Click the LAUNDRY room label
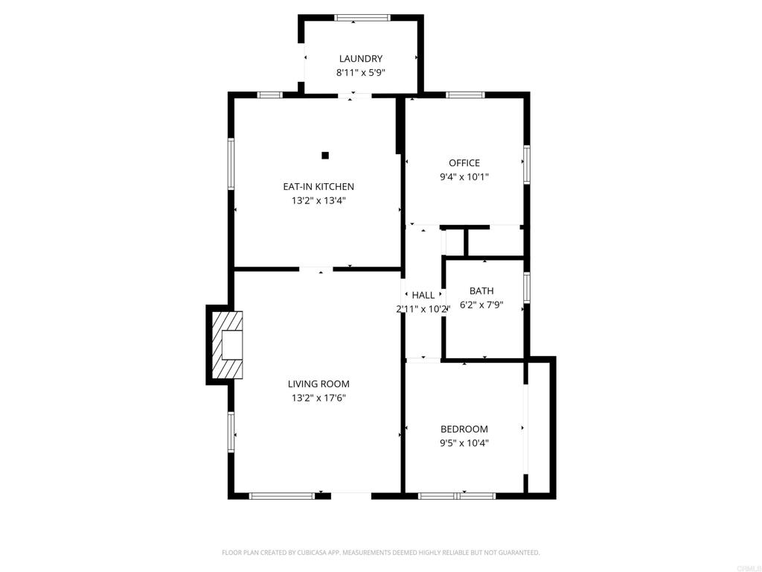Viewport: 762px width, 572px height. pos(361,59)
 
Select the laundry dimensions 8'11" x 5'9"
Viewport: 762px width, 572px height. pos(361,73)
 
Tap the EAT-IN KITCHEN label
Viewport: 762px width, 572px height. pos(318,186)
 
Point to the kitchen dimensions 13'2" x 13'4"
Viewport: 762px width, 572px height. pos(318,200)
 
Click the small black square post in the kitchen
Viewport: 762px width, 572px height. pos(325,155)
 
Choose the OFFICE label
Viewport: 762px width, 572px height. pos(464,163)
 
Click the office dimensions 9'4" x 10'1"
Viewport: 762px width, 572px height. pos(464,177)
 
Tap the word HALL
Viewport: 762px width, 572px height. pos(423,295)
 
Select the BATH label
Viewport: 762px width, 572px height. pos(481,290)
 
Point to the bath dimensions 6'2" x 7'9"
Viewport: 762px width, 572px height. pos(481,305)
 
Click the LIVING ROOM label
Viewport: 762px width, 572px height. pos(318,384)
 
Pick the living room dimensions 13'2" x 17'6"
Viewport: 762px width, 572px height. pos(318,398)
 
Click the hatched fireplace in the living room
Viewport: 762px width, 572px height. pos(228,346)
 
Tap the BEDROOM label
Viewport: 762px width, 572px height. pos(464,429)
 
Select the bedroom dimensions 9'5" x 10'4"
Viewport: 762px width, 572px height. pos(464,443)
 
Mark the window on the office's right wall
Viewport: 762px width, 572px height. pos(526,165)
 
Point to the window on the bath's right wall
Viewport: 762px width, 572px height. pos(526,287)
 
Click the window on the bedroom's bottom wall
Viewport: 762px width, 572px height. pos(456,495)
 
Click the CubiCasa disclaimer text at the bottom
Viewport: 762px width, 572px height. pos(381,553)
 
